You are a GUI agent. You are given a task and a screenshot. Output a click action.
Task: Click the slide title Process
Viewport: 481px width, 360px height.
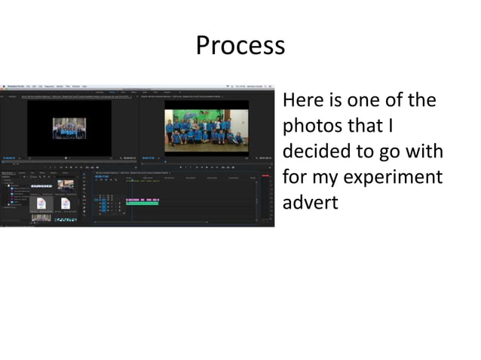pos(240,46)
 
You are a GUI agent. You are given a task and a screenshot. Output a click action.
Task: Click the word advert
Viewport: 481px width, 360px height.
pos(310,204)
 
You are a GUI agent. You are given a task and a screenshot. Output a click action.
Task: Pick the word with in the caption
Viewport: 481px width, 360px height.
pos(424,151)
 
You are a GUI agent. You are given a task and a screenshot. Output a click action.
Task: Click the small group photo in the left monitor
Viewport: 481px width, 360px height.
pos(69,129)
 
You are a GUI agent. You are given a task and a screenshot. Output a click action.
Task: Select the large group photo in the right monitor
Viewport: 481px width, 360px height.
pos(206,130)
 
